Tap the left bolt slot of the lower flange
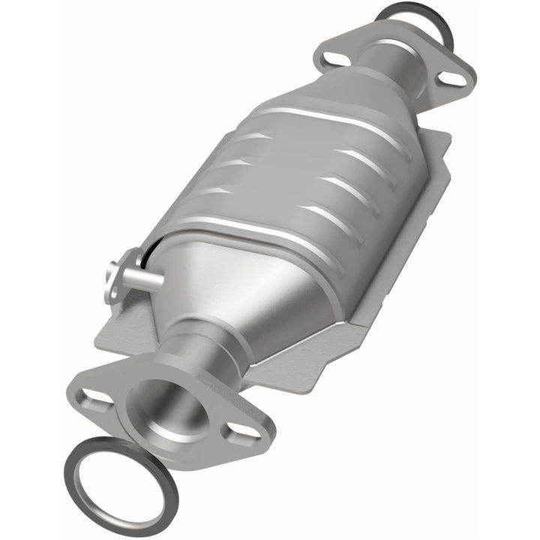coord(94,395)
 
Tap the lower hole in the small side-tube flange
coord(112,289)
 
